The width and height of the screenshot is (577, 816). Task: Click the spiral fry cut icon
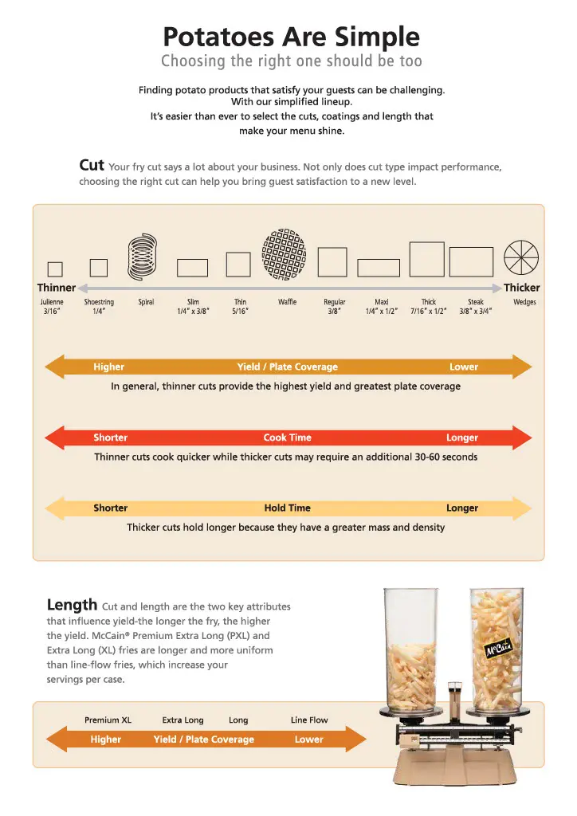click(142, 257)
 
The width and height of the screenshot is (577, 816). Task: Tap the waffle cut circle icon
click(284, 254)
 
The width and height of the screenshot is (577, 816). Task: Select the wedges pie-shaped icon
click(520, 257)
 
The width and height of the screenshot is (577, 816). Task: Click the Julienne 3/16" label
click(52, 307)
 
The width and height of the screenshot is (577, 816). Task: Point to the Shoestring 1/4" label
click(99, 307)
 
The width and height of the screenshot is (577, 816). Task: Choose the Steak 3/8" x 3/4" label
click(476, 307)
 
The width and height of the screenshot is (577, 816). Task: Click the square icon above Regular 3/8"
click(332, 261)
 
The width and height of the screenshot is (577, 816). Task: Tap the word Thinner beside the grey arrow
click(57, 288)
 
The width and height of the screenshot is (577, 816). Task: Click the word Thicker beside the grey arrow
click(521, 288)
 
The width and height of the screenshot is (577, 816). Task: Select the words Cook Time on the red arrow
click(287, 437)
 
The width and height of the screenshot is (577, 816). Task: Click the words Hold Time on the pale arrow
click(287, 508)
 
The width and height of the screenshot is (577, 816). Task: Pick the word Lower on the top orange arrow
click(464, 367)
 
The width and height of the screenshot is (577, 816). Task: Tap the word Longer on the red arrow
click(462, 437)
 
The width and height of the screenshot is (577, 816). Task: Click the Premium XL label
click(108, 720)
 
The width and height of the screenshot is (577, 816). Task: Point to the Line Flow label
click(309, 720)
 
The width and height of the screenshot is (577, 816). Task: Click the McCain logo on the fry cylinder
click(498, 649)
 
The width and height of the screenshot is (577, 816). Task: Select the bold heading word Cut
click(92, 165)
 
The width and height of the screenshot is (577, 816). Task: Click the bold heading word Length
click(72, 605)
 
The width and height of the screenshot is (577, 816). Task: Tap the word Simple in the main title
click(377, 37)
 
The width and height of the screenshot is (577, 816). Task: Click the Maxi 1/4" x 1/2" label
click(382, 307)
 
